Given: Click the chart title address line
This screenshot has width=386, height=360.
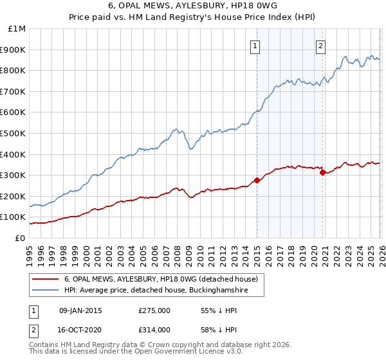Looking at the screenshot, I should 193,6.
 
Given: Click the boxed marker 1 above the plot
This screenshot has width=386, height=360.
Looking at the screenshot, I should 256,45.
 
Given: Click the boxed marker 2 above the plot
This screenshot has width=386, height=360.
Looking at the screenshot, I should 320,45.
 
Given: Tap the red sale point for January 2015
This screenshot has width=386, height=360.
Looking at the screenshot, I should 257,180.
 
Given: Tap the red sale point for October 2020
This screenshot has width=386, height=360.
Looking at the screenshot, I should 322,172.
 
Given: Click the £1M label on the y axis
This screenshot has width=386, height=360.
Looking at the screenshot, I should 17,29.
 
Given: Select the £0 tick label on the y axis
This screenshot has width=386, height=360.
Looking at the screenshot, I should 21,238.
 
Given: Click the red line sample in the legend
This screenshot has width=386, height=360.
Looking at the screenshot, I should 45,279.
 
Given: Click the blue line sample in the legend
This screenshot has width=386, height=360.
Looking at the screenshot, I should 45,291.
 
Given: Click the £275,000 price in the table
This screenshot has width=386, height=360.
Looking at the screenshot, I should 154,310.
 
